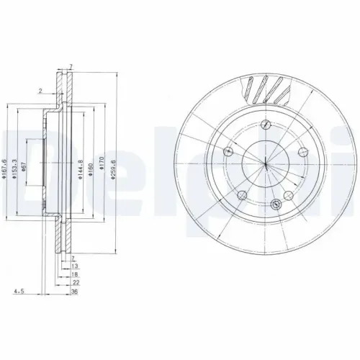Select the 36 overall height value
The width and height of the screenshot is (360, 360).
(x=73, y=292)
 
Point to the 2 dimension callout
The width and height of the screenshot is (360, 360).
(x=42, y=90)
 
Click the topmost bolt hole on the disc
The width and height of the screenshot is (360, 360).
(x=266, y=125)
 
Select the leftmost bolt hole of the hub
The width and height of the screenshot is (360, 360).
(x=229, y=150)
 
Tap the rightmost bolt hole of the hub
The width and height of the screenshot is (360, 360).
(x=301, y=152)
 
